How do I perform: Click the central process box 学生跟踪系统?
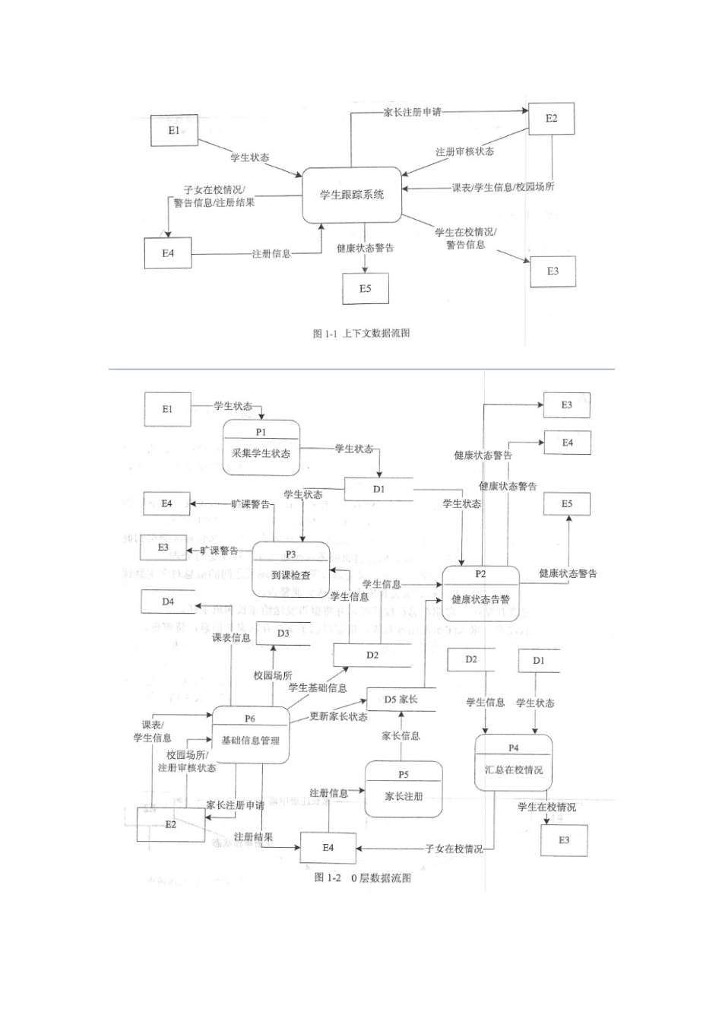click(x=352, y=195)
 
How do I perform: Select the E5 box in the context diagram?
click(x=366, y=288)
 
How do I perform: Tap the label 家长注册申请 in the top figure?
click(x=411, y=113)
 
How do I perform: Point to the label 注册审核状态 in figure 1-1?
click(x=464, y=151)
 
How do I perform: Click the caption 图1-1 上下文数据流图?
click(x=361, y=333)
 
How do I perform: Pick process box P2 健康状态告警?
click(x=480, y=592)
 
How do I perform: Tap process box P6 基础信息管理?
click(x=250, y=733)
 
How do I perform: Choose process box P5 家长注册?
click(x=403, y=789)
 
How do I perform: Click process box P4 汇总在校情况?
click(x=514, y=763)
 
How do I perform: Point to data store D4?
click(x=167, y=601)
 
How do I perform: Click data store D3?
click(x=283, y=633)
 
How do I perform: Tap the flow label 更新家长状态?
click(x=338, y=717)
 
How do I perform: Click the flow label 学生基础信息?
click(x=318, y=687)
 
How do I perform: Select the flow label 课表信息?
click(x=231, y=637)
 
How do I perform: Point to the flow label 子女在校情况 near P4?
click(x=454, y=849)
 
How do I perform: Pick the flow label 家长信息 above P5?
click(x=401, y=735)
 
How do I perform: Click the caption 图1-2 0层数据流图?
click(x=363, y=878)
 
